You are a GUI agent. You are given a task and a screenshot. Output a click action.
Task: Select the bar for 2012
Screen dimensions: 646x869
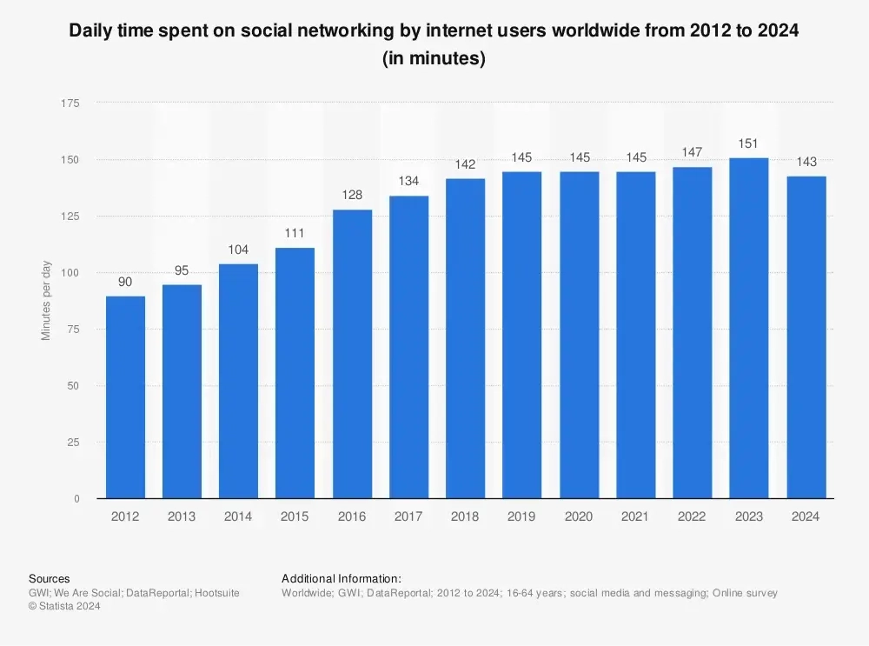coord(125,397)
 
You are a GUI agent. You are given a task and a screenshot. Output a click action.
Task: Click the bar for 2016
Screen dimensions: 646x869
coord(352,354)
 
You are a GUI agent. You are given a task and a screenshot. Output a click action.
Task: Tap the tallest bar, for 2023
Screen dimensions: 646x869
coord(749,328)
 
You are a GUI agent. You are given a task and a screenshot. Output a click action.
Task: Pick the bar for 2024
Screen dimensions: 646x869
coord(806,337)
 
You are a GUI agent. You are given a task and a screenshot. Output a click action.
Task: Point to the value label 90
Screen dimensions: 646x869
coord(125,282)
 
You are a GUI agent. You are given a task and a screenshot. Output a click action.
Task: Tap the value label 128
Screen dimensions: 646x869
coord(352,196)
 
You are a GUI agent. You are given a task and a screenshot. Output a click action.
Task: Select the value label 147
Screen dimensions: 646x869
coord(693,152)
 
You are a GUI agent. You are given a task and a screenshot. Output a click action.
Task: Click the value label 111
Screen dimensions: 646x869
coord(295,234)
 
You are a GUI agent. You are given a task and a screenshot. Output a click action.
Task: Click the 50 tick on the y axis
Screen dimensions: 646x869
coord(74,386)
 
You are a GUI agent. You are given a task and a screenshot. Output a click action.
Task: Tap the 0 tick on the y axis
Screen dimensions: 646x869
coord(76,499)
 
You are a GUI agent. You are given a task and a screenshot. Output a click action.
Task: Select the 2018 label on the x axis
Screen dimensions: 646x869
coord(466,516)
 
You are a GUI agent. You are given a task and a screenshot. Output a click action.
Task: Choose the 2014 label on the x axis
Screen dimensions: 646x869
coord(238,516)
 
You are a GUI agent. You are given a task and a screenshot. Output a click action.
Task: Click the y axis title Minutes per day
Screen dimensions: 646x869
coord(47,301)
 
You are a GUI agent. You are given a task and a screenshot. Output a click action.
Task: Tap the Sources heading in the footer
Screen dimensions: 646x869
coord(50,578)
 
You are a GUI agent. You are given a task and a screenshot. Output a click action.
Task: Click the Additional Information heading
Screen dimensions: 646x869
coord(342,578)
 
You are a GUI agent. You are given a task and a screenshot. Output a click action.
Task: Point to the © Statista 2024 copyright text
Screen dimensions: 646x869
coord(65,607)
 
